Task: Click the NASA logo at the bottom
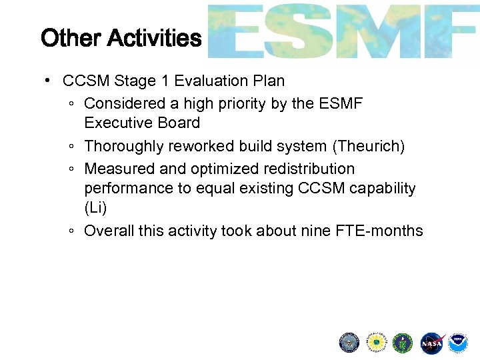tap(431, 343)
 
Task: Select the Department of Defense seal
tap(349, 343)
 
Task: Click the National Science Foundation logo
tap(376, 343)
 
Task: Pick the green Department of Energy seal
tap(403, 343)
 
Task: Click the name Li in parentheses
tap(95, 207)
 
